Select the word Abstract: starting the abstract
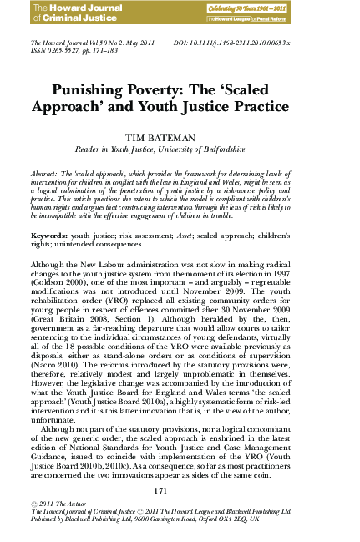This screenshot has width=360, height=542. point(46,170)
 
